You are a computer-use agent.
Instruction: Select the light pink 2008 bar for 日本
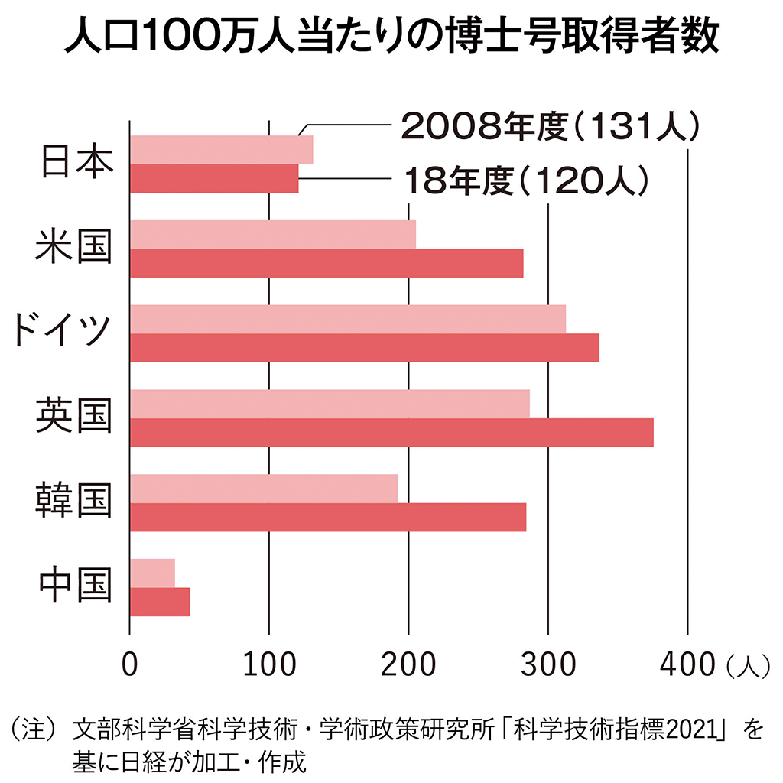click(222, 149)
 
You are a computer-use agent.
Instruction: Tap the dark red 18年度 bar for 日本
click(214, 178)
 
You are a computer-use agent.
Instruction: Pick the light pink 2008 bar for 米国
click(273, 234)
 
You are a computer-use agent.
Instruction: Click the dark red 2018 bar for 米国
click(327, 263)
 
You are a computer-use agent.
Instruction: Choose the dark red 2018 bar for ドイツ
click(365, 348)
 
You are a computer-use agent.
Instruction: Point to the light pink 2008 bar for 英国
click(330, 404)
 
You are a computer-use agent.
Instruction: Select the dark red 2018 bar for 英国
click(391, 433)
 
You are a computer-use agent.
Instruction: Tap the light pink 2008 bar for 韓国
click(264, 489)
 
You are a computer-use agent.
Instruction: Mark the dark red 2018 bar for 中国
click(160, 603)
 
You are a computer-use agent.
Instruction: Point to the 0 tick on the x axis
click(130, 664)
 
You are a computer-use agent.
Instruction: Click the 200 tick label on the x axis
click(408, 664)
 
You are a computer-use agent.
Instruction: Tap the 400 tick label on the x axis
click(687, 664)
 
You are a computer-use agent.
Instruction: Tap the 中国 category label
click(74, 586)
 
